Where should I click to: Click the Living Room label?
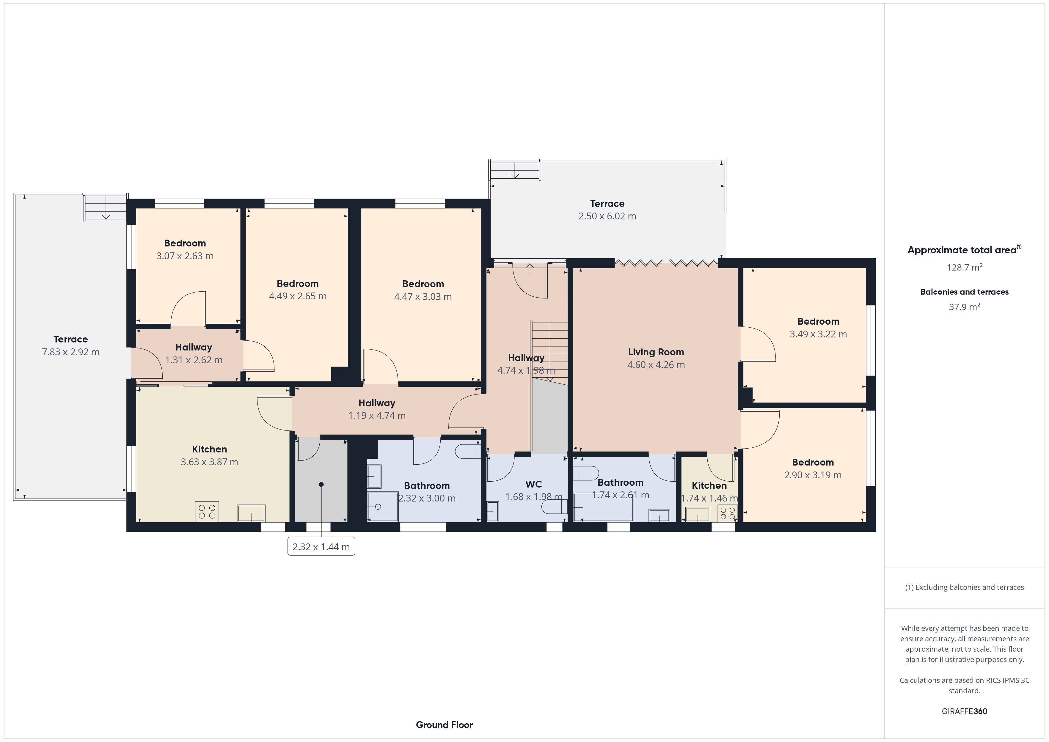(x=656, y=352)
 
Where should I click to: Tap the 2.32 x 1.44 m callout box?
(x=321, y=546)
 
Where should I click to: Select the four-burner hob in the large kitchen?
(x=207, y=511)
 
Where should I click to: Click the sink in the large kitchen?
(x=251, y=513)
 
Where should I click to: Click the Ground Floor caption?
(x=444, y=725)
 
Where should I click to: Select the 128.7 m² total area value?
(x=965, y=267)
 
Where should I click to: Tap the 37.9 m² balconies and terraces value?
(x=965, y=306)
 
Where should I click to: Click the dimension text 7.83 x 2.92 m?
(x=71, y=352)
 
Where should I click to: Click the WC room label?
(x=534, y=484)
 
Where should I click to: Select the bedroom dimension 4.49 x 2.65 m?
(x=298, y=296)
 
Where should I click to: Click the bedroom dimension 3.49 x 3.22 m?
(x=818, y=334)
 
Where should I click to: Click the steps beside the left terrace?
(x=105, y=208)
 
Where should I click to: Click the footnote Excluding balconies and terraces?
(x=965, y=587)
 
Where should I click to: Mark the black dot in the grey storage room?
(x=321, y=484)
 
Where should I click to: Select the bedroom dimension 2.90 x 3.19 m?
(x=813, y=475)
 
